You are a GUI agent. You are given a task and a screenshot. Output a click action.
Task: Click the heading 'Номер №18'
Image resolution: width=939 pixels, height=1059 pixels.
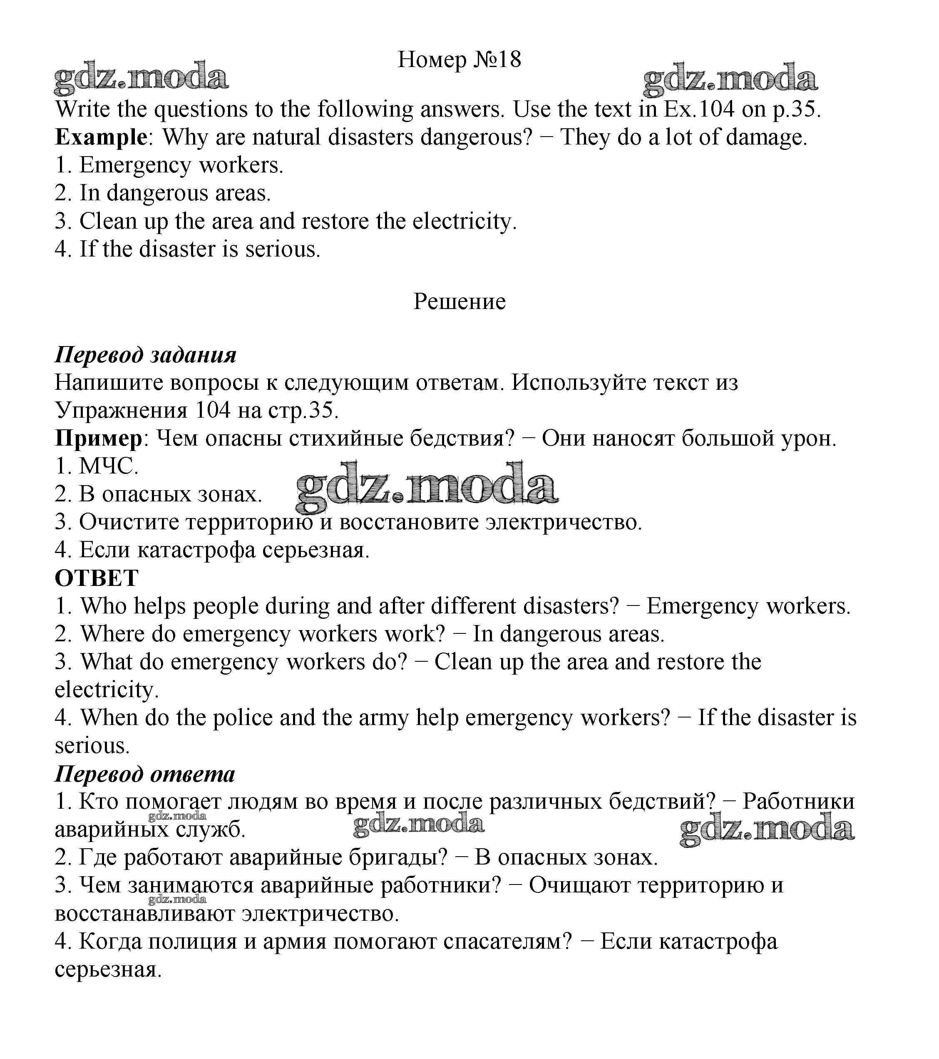point(459,60)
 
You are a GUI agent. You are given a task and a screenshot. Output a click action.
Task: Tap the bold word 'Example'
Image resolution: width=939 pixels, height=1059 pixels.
point(101,137)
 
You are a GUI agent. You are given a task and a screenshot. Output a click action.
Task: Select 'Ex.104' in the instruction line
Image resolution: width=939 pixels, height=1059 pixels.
point(699,110)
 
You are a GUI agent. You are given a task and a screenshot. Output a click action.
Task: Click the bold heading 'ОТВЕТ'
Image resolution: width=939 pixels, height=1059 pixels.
point(96,578)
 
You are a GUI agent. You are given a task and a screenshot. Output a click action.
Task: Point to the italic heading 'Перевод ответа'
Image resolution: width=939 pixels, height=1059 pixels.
point(145,774)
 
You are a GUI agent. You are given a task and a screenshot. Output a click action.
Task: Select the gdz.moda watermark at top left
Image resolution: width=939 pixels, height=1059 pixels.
point(141,78)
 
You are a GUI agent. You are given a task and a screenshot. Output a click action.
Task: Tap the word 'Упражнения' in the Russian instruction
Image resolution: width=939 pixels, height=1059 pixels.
point(121,410)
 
